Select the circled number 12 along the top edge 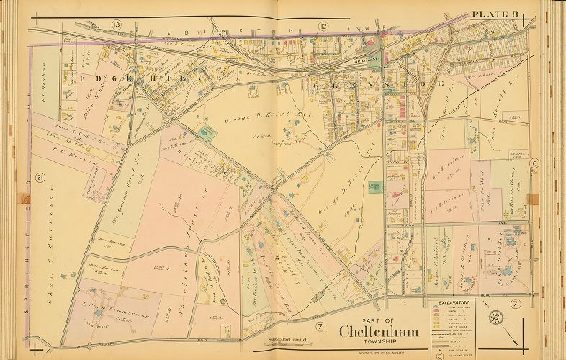[324, 26]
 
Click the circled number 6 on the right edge [535, 163]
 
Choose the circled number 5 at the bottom [439, 355]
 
